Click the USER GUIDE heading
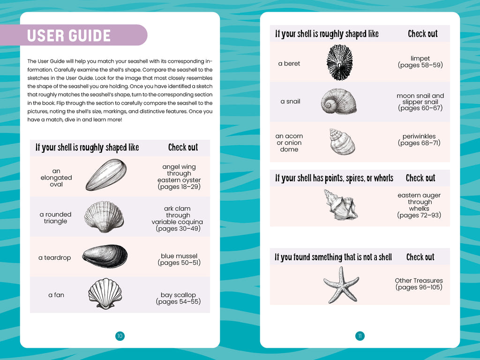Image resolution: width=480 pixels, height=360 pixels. [69, 36]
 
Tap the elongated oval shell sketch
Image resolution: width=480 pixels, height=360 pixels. [106, 175]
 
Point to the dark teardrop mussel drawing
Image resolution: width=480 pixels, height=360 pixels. [105, 256]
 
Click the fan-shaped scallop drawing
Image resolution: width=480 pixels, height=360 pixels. [105, 294]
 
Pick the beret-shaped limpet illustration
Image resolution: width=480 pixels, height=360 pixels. [339, 62]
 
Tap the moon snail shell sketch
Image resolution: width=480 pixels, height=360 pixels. [338, 102]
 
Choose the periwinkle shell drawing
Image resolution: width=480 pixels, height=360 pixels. [342, 142]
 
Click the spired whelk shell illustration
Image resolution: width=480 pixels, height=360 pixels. [340, 205]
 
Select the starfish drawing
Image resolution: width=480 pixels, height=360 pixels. [341, 284]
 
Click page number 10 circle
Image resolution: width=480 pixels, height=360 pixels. [120, 336]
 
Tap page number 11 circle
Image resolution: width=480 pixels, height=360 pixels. [360, 336]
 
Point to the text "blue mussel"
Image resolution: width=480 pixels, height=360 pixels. [179, 256]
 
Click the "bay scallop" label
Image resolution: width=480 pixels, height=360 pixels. [178, 295]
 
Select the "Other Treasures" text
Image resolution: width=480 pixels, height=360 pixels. [419, 280]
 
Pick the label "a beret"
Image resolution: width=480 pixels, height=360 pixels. [289, 63]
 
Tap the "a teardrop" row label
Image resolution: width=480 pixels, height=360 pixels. [54, 257]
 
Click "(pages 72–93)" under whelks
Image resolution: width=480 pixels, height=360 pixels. [419, 215]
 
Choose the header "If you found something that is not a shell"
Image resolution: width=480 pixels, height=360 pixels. [333, 257]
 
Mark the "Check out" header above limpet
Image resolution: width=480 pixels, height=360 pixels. [422, 34]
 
